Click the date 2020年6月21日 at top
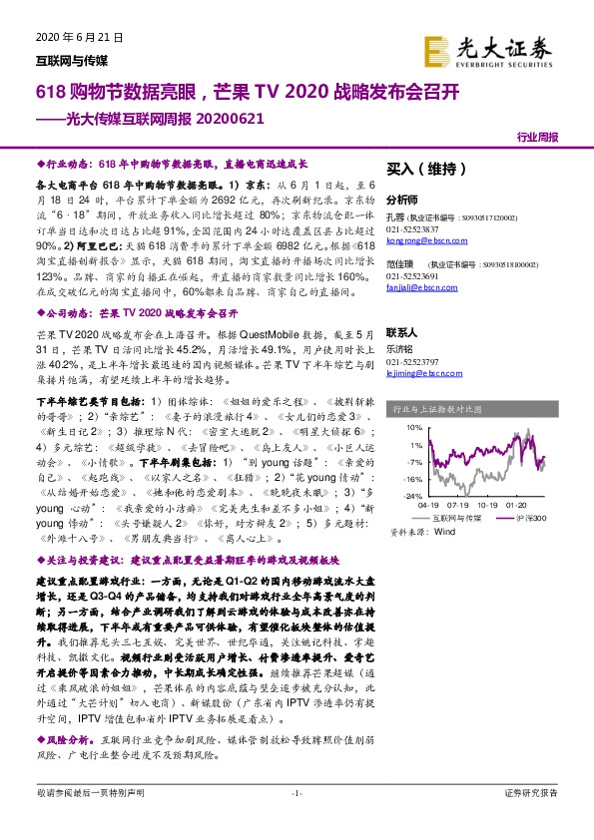pos(78,37)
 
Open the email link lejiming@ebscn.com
pos(417,374)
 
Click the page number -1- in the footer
pos(296,820)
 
